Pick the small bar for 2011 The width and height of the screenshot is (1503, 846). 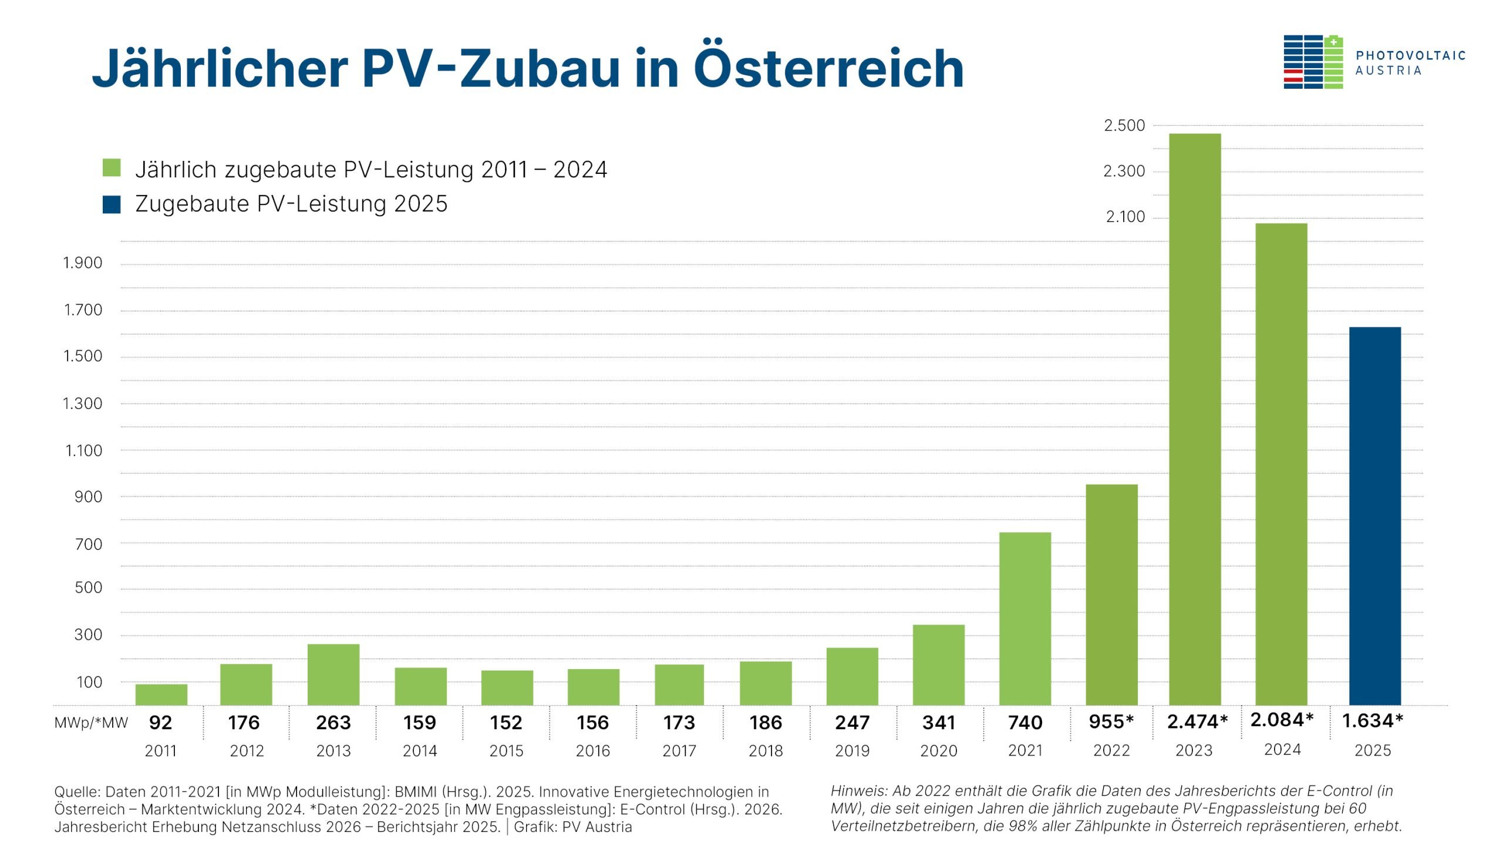click(x=161, y=694)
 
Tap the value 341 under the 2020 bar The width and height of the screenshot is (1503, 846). click(x=939, y=723)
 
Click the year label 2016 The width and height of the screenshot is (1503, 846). click(x=593, y=751)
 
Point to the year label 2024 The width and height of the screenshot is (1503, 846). click(x=1282, y=750)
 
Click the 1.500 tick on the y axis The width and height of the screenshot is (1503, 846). click(x=83, y=356)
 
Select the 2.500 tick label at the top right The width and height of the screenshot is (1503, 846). click(x=1124, y=126)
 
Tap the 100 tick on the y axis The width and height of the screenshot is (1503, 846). click(x=89, y=682)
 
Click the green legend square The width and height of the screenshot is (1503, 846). click(x=112, y=168)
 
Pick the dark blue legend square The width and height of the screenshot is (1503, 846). click(x=112, y=204)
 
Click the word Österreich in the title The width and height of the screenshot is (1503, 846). click(x=828, y=68)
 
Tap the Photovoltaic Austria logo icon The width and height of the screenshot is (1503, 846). click(x=1313, y=62)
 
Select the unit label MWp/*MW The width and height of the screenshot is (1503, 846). click(x=91, y=723)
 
